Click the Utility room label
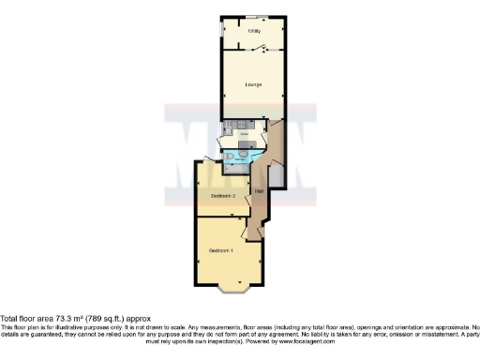253,31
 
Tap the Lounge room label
252,85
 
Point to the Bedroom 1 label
219,251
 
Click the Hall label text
258,191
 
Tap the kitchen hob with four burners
243,126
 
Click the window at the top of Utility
253,17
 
